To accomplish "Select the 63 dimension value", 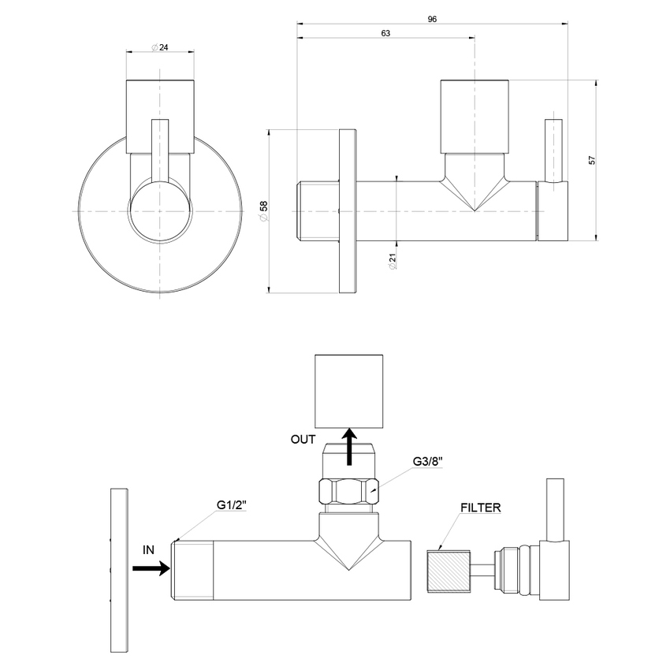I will click(385, 33).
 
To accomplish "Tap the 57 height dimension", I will click(591, 159).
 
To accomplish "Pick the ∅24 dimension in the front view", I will click(160, 47).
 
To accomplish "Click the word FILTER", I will click(482, 508).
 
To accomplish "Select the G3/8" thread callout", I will click(430, 461).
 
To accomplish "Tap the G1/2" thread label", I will click(233, 506).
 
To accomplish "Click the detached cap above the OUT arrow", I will click(348, 389).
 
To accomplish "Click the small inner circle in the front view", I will click(160, 211).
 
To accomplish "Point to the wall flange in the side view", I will click(348, 211).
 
